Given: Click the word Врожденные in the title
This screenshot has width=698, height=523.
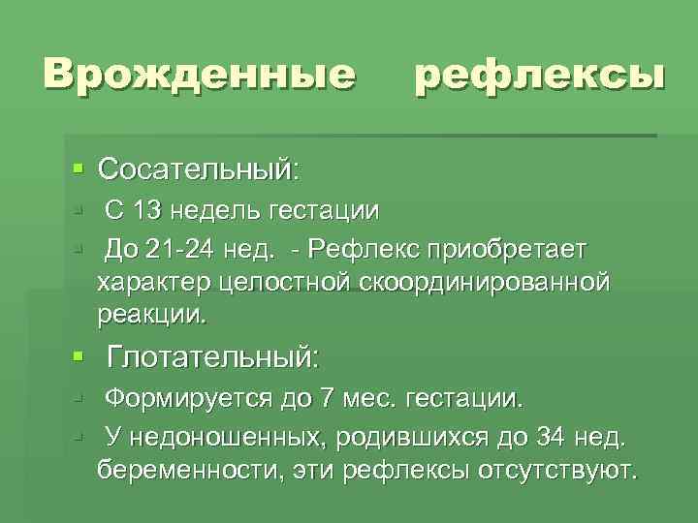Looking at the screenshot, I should (x=198, y=75).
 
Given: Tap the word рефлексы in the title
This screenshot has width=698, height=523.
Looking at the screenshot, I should (x=540, y=75).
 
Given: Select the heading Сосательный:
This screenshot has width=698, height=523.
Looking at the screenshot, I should (x=200, y=169).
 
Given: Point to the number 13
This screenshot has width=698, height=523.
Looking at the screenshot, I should (x=151, y=210).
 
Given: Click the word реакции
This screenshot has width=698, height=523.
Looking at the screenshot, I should (x=151, y=315).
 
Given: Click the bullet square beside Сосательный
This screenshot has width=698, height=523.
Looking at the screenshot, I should (x=79, y=169).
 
